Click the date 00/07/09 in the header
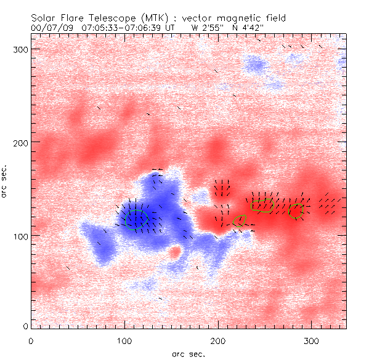[x=51, y=28]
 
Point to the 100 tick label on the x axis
[x=124, y=341]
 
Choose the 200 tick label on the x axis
[x=218, y=341]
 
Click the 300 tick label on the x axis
[x=312, y=341]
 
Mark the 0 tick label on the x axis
[x=31, y=341]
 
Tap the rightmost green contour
[x=297, y=211]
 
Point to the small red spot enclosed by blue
[x=175, y=252]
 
